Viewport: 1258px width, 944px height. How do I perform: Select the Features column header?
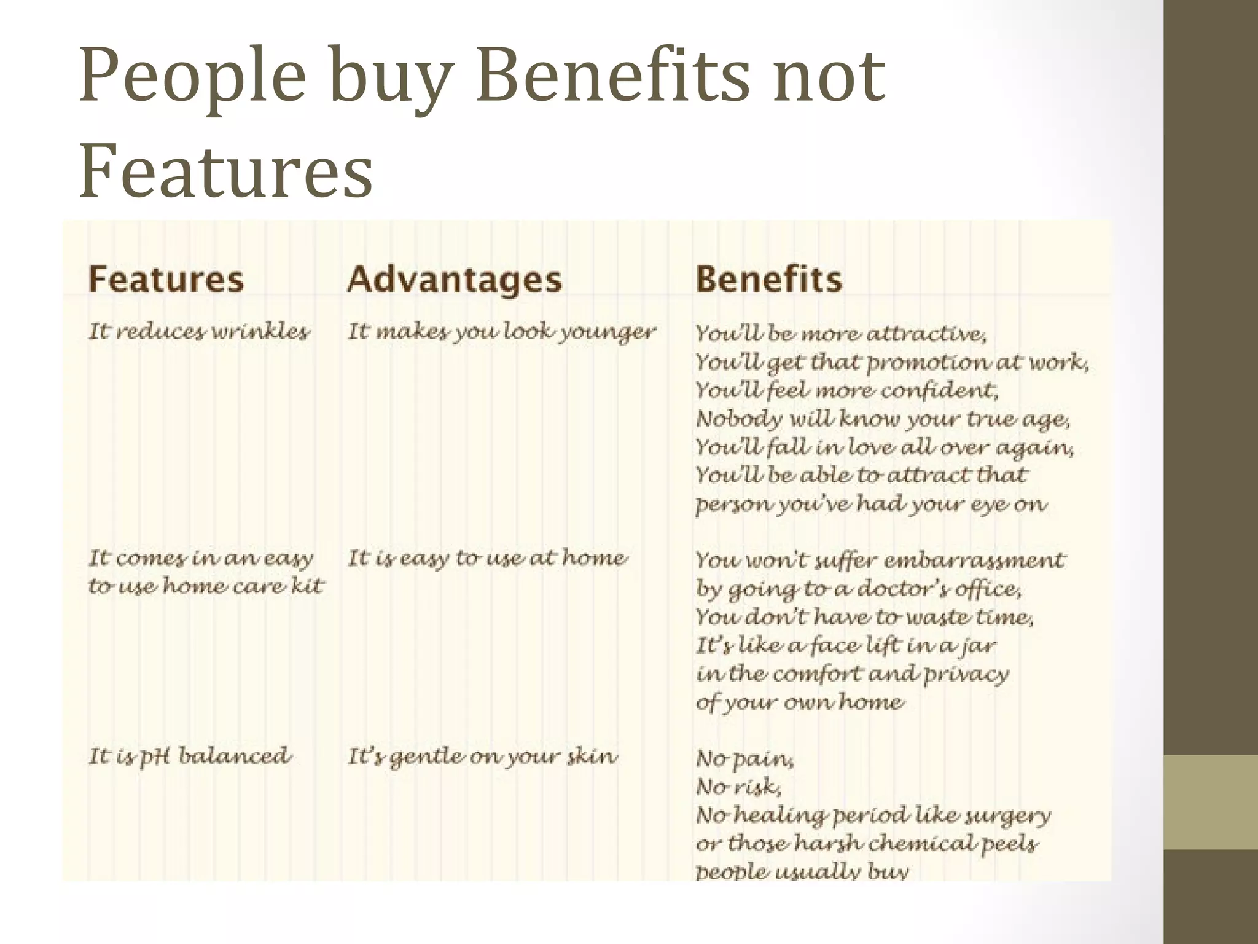pyautogui.click(x=166, y=279)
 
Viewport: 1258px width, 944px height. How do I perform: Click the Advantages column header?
pyautogui.click(x=454, y=280)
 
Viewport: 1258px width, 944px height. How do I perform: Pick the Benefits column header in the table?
pyautogui.click(x=768, y=279)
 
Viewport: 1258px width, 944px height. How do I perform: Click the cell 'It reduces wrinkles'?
pyautogui.click(x=199, y=332)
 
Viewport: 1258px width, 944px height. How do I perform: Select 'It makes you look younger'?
pyautogui.click(x=501, y=332)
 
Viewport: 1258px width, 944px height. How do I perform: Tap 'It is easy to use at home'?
pyautogui.click(x=487, y=558)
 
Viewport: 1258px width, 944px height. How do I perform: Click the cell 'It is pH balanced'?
pyautogui.click(x=189, y=756)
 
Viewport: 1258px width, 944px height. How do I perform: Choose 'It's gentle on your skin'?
pyautogui.click(x=482, y=756)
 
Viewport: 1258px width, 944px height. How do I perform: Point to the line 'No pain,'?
pyautogui.click(x=744, y=759)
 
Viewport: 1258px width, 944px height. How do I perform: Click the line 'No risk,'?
pyautogui.click(x=738, y=787)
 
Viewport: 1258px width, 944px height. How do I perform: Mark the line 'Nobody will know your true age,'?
pyautogui.click(x=883, y=419)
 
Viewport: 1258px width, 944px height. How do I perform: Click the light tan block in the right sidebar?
pyautogui.click(x=1211, y=802)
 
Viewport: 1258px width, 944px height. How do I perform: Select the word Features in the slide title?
pyautogui.click(x=226, y=170)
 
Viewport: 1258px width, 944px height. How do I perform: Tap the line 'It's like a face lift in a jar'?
pyautogui.click(x=845, y=646)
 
